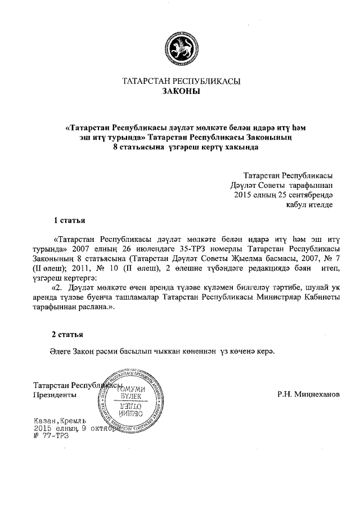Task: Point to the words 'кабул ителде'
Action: click(310, 205)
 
